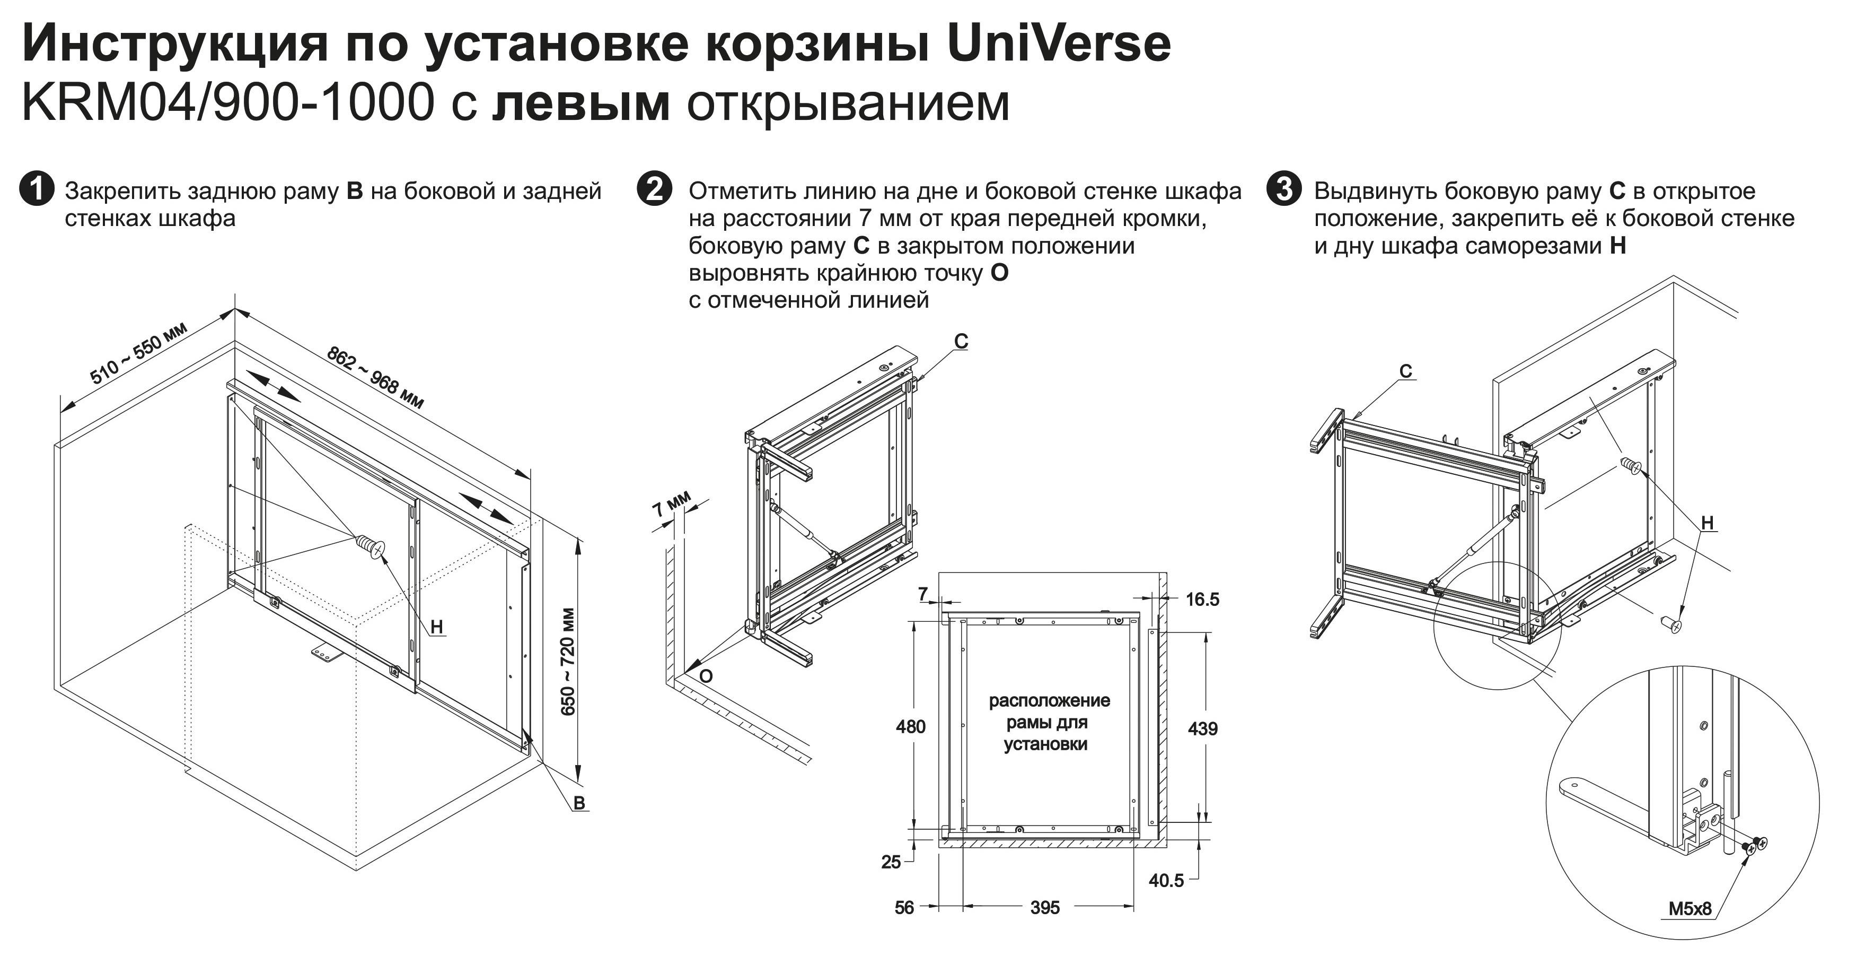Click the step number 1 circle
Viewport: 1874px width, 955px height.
pos(37,189)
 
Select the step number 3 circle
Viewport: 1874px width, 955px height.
pos(1283,189)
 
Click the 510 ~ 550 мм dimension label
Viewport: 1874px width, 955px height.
pos(138,352)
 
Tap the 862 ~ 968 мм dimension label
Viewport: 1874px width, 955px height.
pos(375,378)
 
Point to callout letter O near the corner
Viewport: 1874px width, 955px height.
pos(706,676)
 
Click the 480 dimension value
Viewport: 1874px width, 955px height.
pos(910,726)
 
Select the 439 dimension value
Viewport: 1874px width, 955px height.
pos(1202,728)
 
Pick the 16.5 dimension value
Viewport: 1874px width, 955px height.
pos(1202,599)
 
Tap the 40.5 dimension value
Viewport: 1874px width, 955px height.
pos(1166,880)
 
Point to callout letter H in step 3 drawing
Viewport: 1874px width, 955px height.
pos(1708,523)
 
